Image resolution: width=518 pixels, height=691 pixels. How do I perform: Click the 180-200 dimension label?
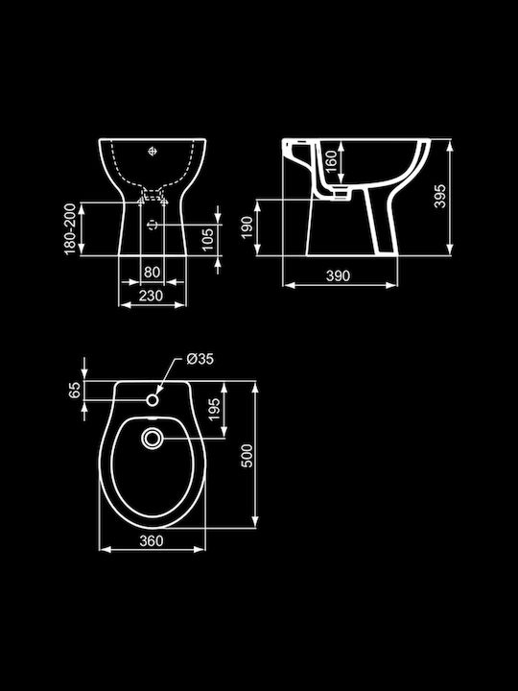(70, 228)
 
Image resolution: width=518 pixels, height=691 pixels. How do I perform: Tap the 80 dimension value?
(152, 272)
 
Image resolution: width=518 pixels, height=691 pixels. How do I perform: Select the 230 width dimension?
(152, 296)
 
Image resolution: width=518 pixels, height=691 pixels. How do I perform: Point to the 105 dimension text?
(208, 239)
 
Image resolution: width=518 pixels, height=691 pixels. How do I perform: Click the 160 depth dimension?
(331, 161)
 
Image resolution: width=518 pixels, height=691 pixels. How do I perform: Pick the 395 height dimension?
(439, 196)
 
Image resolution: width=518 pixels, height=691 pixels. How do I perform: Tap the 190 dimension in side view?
(247, 227)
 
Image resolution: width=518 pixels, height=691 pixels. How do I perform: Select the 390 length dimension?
(338, 275)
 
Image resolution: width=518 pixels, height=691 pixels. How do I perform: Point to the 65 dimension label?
(75, 390)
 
